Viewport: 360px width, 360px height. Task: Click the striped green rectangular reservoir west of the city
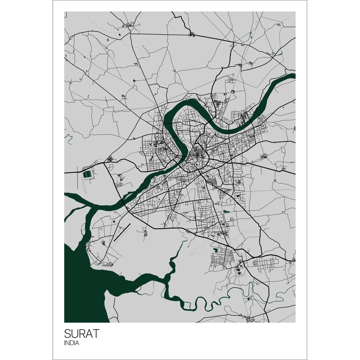pos(87,174)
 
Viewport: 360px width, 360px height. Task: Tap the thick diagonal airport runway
pos(122,233)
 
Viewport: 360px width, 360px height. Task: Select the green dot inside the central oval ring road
pos(196,164)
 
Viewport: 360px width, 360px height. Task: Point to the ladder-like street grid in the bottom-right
pos(264,263)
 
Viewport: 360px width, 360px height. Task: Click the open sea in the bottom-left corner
pos(81,297)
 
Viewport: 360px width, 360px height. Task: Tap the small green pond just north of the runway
pos(114,221)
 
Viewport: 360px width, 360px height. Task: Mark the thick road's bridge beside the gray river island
pos(123,201)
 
